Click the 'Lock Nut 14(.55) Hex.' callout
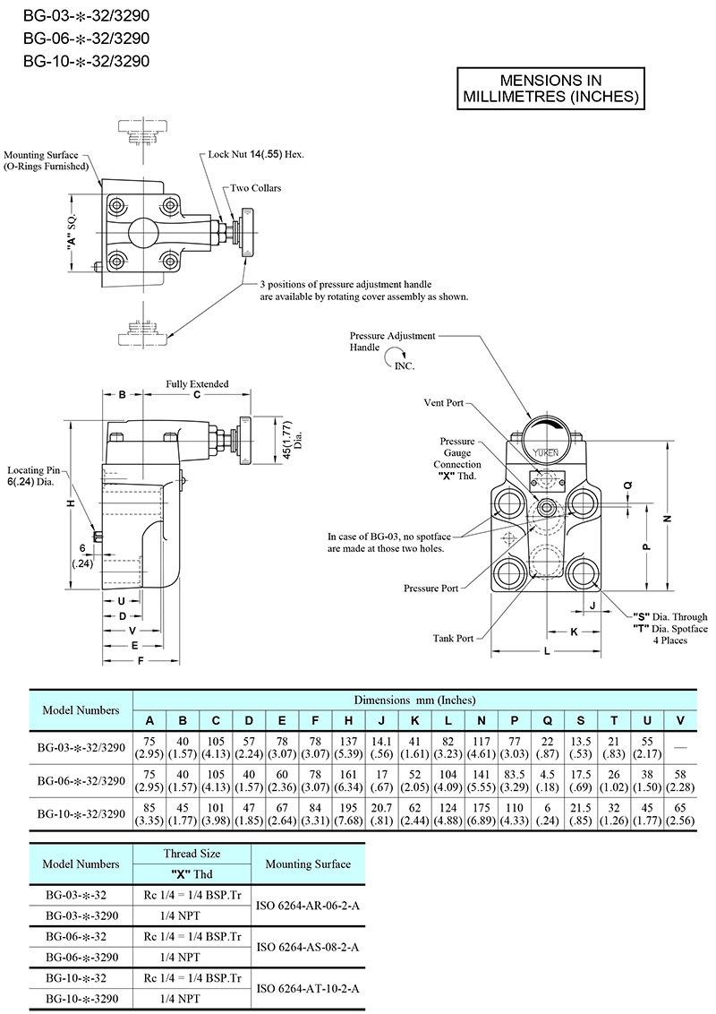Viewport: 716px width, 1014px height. coord(256,155)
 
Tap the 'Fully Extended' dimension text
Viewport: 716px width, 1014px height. coord(196,384)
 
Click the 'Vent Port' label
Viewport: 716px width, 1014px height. coord(444,404)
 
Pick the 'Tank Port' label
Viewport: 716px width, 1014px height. coord(454,639)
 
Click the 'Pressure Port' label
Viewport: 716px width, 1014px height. coord(430,589)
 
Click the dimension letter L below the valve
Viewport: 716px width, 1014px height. coord(547,653)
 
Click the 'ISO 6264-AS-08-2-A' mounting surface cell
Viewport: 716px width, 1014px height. coord(307,946)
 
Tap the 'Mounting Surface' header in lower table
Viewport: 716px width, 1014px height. coord(307,864)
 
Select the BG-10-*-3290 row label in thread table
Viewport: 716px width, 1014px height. coord(81,998)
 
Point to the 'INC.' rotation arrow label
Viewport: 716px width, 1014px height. coord(405,365)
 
